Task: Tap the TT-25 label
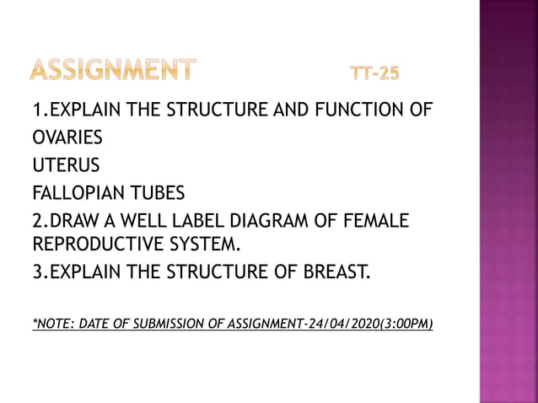point(374,74)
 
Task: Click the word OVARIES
point(67,137)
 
